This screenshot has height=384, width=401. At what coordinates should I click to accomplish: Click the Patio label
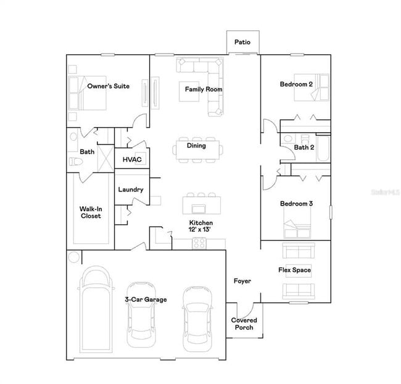pos(242,42)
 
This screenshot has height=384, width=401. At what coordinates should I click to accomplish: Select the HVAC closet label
pos(132,159)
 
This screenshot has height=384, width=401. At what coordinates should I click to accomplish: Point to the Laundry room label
pos(131,190)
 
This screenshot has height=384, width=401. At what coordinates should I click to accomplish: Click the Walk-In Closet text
pos(91,213)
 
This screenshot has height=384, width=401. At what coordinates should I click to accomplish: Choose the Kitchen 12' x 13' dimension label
pos(200,226)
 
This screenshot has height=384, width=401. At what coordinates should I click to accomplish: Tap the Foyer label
pos(242,282)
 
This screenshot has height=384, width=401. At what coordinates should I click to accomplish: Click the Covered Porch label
pos(244,323)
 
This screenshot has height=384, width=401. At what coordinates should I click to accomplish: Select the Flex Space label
pos(294,270)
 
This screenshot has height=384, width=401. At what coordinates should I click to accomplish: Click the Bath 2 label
pos(304,148)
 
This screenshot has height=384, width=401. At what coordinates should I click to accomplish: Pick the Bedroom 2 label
pos(296,84)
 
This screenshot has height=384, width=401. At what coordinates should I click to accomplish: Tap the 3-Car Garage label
pos(146,300)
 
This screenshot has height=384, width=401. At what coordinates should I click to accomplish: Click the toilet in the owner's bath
pos(76,162)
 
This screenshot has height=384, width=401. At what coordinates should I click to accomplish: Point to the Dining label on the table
pos(196,146)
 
